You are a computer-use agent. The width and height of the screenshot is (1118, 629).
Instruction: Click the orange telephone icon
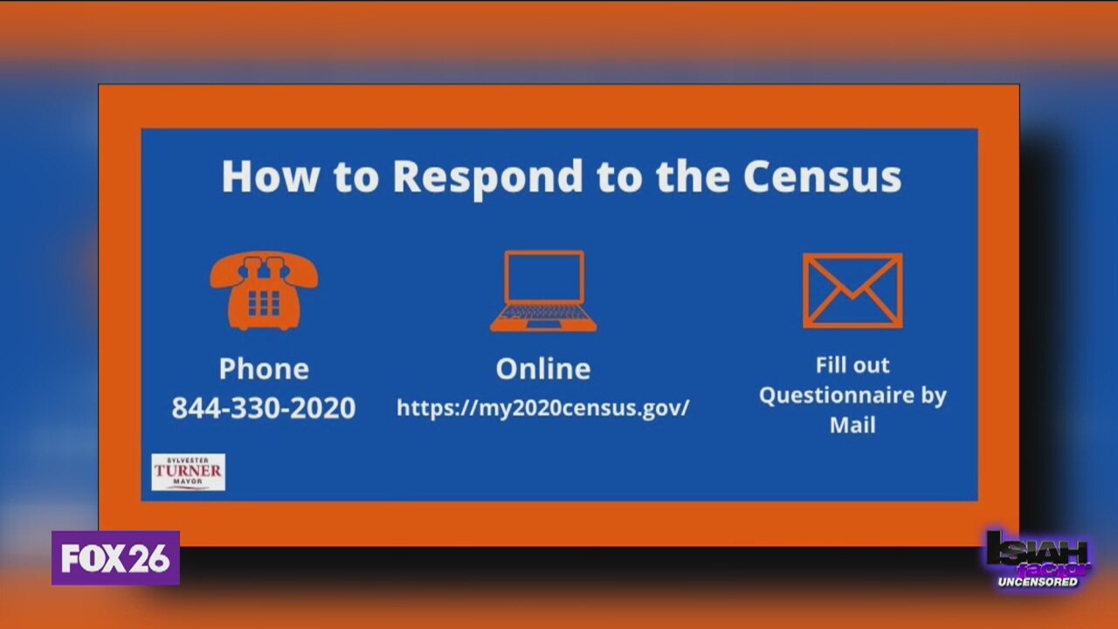click(264, 291)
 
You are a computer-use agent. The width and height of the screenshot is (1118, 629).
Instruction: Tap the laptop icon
click(543, 291)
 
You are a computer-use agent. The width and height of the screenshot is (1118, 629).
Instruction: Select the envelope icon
click(852, 291)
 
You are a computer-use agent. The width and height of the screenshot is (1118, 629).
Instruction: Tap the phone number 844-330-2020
click(264, 408)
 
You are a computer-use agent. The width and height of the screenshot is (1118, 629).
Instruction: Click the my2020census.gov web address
click(543, 407)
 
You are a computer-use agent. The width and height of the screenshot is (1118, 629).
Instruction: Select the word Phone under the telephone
click(264, 369)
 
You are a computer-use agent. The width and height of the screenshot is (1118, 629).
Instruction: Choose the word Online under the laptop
click(543, 369)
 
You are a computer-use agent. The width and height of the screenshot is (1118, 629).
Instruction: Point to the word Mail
click(852, 425)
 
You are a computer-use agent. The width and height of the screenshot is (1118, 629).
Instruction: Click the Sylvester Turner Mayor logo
click(188, 472)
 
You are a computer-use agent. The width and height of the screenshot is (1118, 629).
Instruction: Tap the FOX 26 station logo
click(115, 558)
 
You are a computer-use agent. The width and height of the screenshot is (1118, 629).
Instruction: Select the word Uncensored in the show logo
click(1039, 582)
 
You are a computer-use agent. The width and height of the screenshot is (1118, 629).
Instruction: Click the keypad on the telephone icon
click(264, 302)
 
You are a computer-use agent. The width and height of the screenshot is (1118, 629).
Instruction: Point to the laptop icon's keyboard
click(543, 313)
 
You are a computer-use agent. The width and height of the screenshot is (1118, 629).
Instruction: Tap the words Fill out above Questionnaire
click(852, 365)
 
